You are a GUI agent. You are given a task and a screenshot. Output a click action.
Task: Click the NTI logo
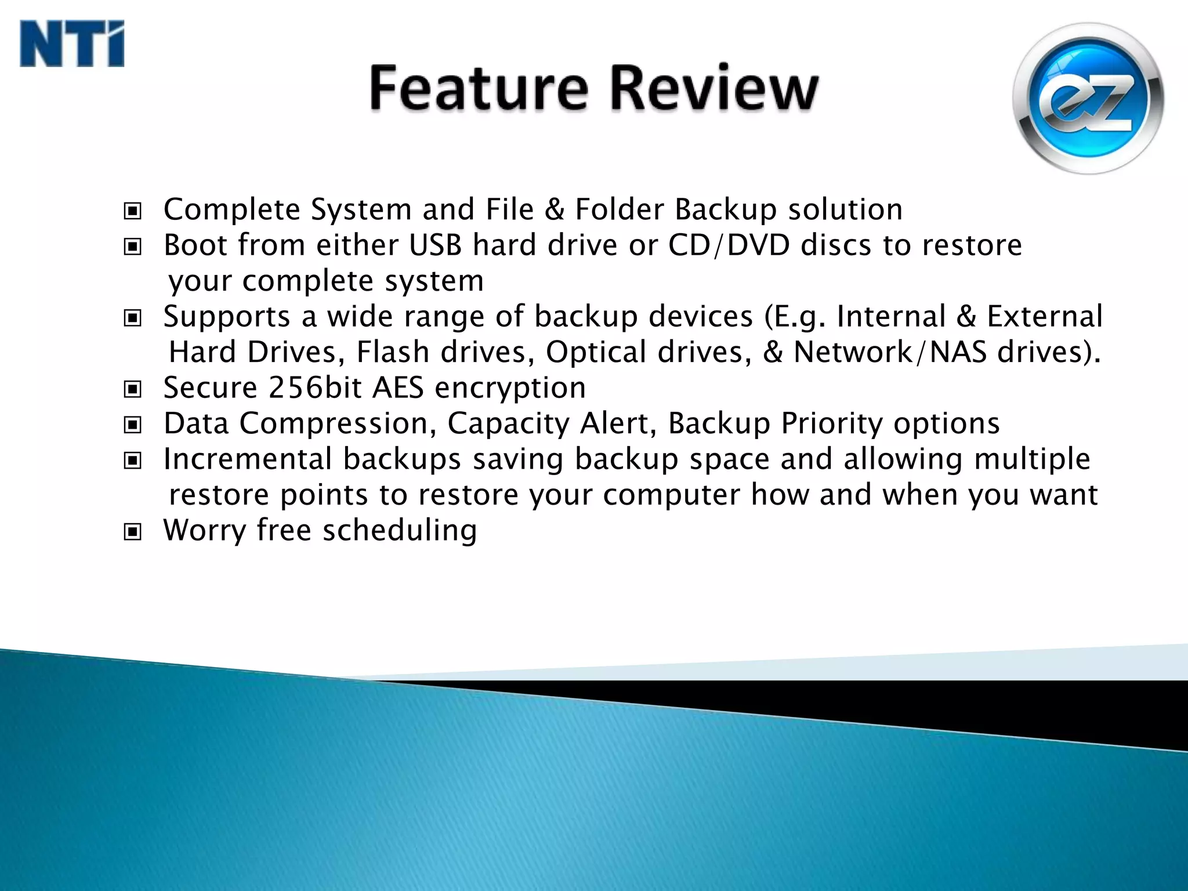[x=72, y=44]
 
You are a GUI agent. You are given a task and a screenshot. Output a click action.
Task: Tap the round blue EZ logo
[x=1088, y=99]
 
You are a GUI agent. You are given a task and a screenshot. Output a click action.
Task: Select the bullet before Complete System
[x=133, y=211]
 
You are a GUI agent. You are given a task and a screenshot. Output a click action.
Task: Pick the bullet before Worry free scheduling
[x=133, y=531]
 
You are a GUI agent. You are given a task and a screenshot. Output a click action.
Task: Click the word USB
[x=435, y=245]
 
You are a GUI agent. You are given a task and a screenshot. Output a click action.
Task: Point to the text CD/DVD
[x=729, y=245]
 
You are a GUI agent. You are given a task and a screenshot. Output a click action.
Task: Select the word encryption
[x=510, y=389]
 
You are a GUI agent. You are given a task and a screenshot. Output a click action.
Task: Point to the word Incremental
[x=248, y=459]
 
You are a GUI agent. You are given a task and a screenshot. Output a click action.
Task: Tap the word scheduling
[x=400, y=531]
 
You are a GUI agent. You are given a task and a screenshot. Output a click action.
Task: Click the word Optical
[x=596, y=353]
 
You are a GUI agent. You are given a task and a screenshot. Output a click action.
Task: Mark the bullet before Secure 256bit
[x=133, y=389]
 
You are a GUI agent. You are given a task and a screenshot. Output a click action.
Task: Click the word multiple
[x=1032, y=459]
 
